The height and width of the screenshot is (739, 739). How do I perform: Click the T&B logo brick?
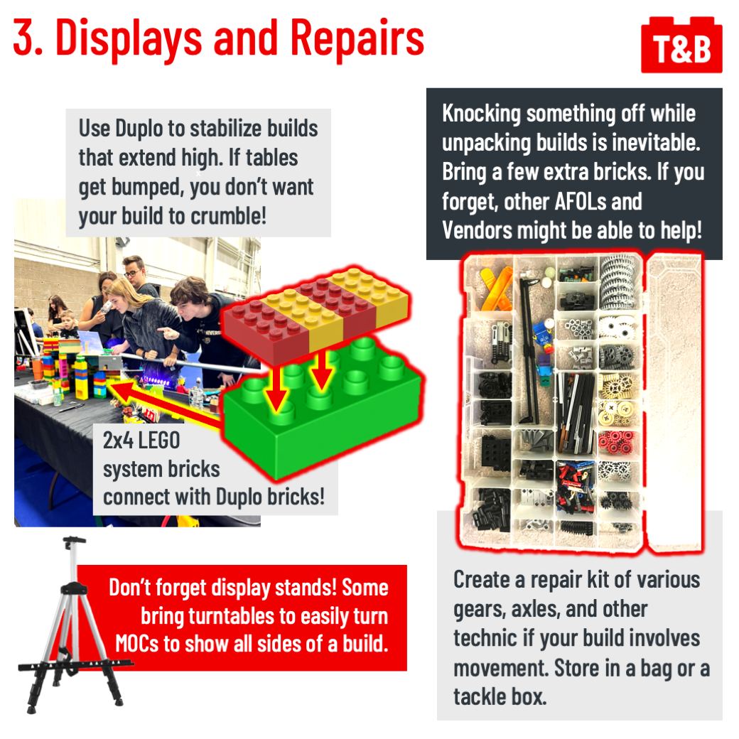[x=681, y=45]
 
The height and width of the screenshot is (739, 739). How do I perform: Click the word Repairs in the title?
[x=357, y=38]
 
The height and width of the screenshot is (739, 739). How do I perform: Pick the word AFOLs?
[x=578, y=201]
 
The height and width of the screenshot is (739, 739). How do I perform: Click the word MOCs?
[x=137, y=644]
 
